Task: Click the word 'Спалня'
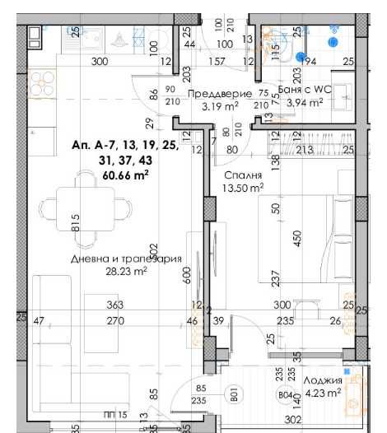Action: pos(243,175)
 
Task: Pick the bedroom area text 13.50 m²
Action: pos(243,188)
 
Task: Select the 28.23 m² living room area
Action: pos(124,271)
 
